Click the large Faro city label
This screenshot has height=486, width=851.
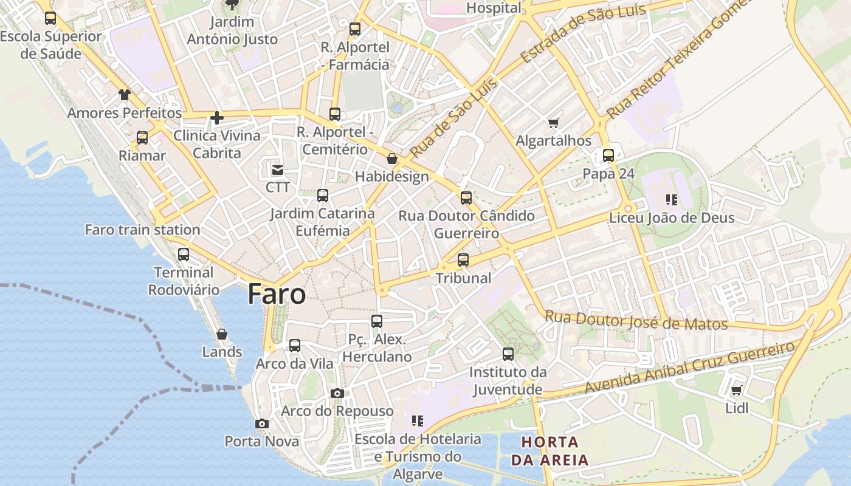pyautogui.click(x=277, y=295)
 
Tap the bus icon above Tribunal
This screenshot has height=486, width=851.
pyautogui.click(x=463, y=260)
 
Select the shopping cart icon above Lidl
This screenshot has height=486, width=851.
pyautogui.click(x=737, y=390)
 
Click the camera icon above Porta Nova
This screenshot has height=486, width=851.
pyautogui.click(x=262, y=423)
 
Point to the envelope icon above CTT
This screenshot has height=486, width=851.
pyautogui.click(x=278, y=169)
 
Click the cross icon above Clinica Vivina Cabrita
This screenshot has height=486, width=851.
pyautogui.click(x=217, y=117)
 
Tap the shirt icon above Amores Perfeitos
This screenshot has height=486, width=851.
pyautogui.click(x=125, y=95)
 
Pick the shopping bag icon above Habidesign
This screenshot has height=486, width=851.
pyautogui.click(x=392, y=159)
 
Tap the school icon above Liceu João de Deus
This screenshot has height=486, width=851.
pyautogui.click(x=672, y=199)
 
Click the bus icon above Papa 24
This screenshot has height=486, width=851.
pyautogui.click(x=608, y=156)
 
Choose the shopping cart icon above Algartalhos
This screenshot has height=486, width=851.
pyautogui.click(x=553, y=123)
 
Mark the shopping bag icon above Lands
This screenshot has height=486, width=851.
pyautogui.click(x=222, y=334)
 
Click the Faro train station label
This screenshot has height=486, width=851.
pyautogui.click(x=142, y=230)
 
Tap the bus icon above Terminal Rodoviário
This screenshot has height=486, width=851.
pyautogui.click(x=184, y=255)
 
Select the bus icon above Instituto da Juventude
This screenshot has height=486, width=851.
pyautogui.click(x=508, y=354)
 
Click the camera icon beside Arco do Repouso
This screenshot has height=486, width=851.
pyautogui.click(x=337, y=394)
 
